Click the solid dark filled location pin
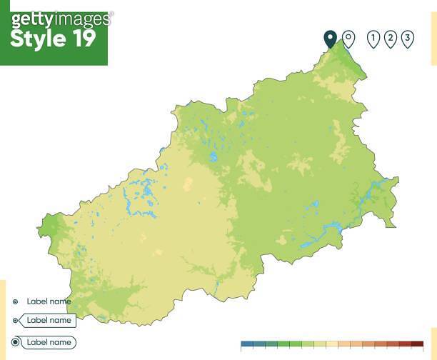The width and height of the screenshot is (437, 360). pos(330,39)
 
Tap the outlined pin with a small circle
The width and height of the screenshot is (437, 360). pos(348,39)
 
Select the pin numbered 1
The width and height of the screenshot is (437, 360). pos(373,39)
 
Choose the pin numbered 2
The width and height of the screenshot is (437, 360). pos(391,39)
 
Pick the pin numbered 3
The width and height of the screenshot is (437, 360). pos(407,39)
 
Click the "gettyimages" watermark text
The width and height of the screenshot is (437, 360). pos(61,18)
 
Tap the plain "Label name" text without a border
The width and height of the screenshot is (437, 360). pos(49,301)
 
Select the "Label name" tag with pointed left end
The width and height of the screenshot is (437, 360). pos(49,321)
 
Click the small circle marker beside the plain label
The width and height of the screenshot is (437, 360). pos(15,301)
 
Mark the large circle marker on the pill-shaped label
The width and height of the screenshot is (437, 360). pos(16,342)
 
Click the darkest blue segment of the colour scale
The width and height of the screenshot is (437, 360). pos(247,344)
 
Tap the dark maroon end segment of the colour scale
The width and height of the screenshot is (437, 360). pos(417,344)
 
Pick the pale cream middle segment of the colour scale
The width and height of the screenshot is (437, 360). pos(332,344)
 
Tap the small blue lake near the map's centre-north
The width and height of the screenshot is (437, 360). pos(212,156)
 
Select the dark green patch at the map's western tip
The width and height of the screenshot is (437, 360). pos(51,227)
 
